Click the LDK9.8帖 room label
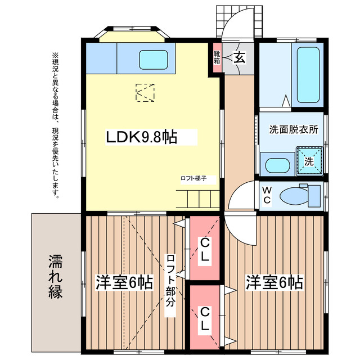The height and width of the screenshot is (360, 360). point(141,137)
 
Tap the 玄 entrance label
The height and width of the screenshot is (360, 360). point(240,57)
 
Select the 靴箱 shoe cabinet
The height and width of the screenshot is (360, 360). point(217,57)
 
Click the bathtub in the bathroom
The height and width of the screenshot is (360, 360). point(308,75)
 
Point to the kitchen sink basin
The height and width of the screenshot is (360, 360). point(153,60)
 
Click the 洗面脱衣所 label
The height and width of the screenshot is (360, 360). point(294,130)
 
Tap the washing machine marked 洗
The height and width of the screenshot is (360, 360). point(309,161)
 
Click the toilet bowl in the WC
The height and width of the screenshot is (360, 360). point(294,196)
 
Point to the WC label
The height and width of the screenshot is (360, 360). point(267,195)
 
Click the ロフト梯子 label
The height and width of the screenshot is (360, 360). point(193,178)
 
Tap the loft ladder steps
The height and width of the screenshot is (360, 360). point(198,199)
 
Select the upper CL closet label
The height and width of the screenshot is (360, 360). point(205,249)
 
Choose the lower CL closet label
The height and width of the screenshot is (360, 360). point(205,319)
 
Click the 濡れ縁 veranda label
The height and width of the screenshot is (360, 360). point(55,277)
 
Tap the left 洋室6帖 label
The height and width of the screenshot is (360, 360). point(124,282)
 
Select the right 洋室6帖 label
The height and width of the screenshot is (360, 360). point(274,282)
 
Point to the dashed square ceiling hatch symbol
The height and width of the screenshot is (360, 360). point(145,92)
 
